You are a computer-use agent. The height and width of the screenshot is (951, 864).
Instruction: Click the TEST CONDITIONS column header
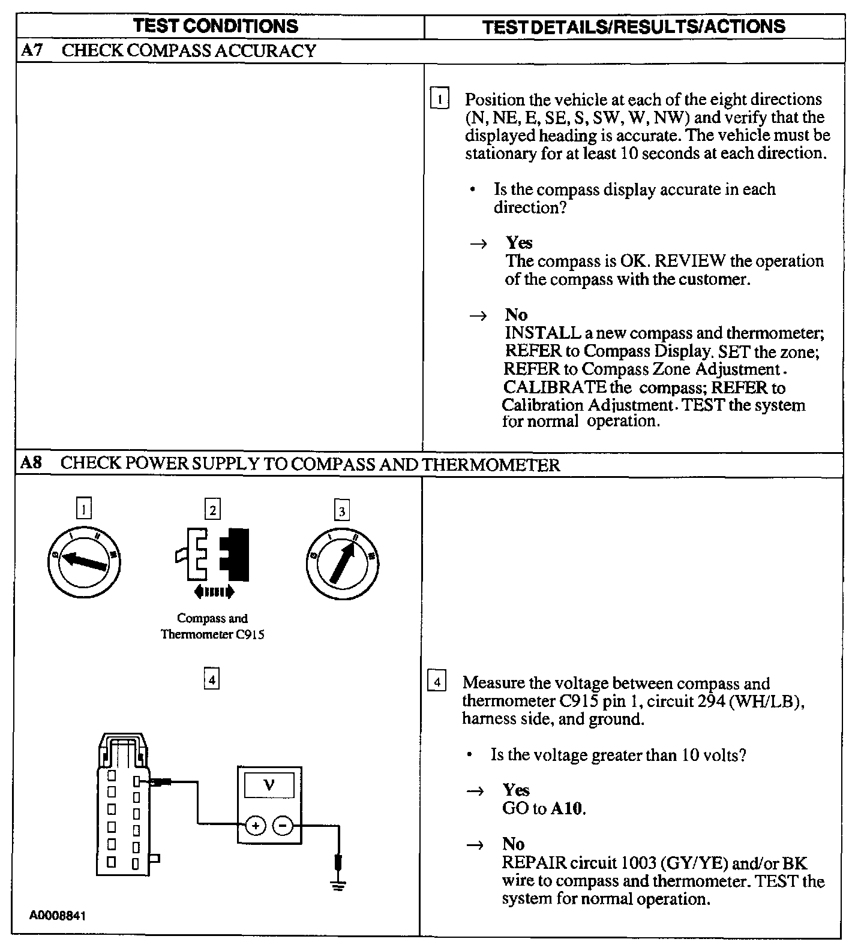(x=215, y=26)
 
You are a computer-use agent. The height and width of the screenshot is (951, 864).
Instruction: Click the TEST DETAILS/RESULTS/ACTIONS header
(x=634, y=26)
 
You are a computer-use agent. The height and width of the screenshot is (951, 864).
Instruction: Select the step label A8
(x=31, y=464)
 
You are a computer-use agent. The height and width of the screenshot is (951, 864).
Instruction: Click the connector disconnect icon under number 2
(x=213, y=558)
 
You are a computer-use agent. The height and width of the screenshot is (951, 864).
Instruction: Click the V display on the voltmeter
(x=269, y=784)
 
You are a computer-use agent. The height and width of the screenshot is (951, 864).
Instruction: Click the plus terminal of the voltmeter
(x=256, y=826)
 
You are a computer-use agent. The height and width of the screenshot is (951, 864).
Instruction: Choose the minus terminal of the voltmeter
(x=283, y=826)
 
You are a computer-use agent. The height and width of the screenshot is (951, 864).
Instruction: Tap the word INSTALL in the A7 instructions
(x=543, y=333)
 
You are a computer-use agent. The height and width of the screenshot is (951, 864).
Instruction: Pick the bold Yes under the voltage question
(x=516, y=790)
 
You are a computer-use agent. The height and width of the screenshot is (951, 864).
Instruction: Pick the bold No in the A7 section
(x=516, y=315)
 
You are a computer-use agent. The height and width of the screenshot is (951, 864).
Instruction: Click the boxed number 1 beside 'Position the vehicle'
(x=440, y=98)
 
